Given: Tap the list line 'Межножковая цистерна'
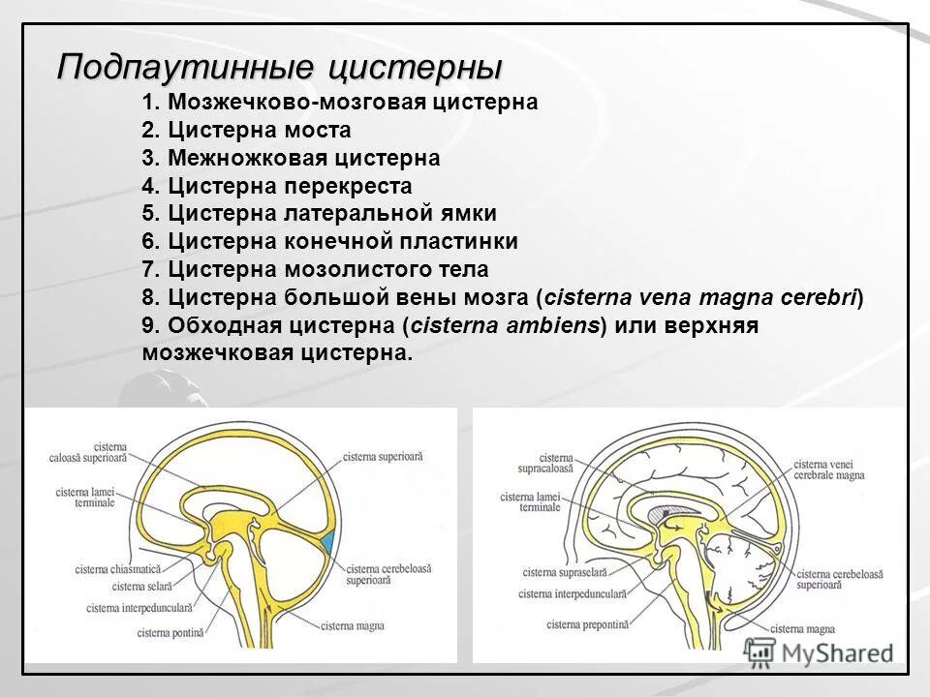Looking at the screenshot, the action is click(x=291, y=157).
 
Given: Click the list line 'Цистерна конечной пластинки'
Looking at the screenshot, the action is click(x=329, y=241).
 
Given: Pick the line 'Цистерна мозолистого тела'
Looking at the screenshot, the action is click(x=315, y=269).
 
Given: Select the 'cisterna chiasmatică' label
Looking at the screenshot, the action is click(x=118, y=569).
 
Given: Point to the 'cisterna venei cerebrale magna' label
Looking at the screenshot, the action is click(x=828, y=470).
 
